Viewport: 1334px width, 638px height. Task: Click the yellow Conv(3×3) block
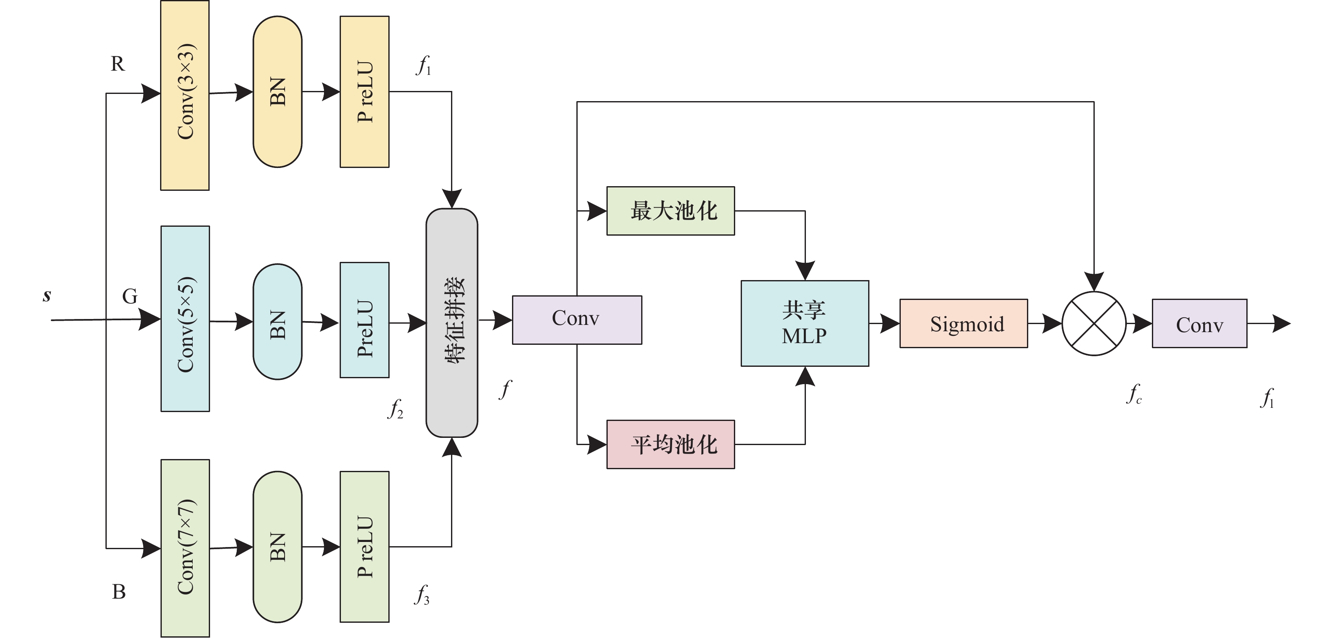pos(185,95)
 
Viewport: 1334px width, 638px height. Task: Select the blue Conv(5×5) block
pos(185,319)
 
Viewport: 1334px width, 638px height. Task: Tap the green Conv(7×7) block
pos(185,548)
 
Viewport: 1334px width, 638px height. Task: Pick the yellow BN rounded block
pos(277,91)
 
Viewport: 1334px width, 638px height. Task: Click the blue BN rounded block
pos(277,322)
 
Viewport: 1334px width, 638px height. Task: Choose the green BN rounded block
pos(277,547)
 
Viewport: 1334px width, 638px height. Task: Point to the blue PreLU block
pos(365,320)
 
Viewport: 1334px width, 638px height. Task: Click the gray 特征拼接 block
pos(451,323)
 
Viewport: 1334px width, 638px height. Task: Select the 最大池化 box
pos(671,211)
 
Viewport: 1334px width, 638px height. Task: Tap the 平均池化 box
pos(671,445)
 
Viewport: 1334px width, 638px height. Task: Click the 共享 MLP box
pos(805,323)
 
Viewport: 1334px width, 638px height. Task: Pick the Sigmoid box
pos(964,323)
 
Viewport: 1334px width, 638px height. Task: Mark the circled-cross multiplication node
pos(1094,323)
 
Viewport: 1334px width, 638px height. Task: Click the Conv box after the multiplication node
pos(1199,323)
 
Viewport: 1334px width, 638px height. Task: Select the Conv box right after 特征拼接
pos(577,320)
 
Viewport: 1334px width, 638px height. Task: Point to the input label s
pos(47,295)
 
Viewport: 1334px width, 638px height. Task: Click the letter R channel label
pos(118,63)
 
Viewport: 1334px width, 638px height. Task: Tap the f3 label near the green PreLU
pos(423,594)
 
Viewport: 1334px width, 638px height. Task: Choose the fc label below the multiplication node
pos(1134,394)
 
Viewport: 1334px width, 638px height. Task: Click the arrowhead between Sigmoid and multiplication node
pos(1052,323)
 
